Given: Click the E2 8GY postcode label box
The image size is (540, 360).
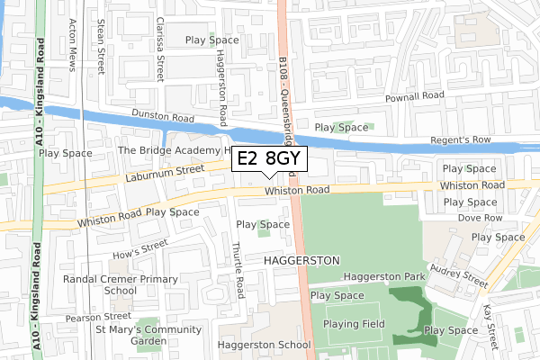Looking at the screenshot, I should [270, 159].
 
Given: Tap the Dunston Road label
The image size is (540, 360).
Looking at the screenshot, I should [162, 116].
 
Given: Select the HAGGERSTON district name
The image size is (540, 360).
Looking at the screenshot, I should [302, 259].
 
